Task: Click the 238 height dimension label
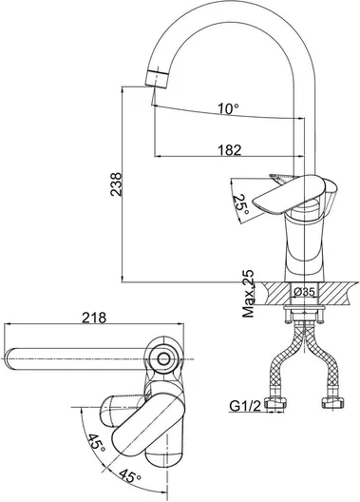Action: pyautogui.click(x=116, y=184)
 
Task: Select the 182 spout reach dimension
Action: pyautogui.click(x=230, y=150)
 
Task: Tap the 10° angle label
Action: pyautogui.click(x=229, y=108)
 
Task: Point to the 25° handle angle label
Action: pyautogui.click(x=240, y=204)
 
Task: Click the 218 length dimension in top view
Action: pyautogui.click(x=94, y=318)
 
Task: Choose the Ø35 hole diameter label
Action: pyautogui.click(x=304, y=292)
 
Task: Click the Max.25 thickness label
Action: pyautogui.click(x=248, y=294)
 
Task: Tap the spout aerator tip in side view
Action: pyautogui.click(x=157, y=77)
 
